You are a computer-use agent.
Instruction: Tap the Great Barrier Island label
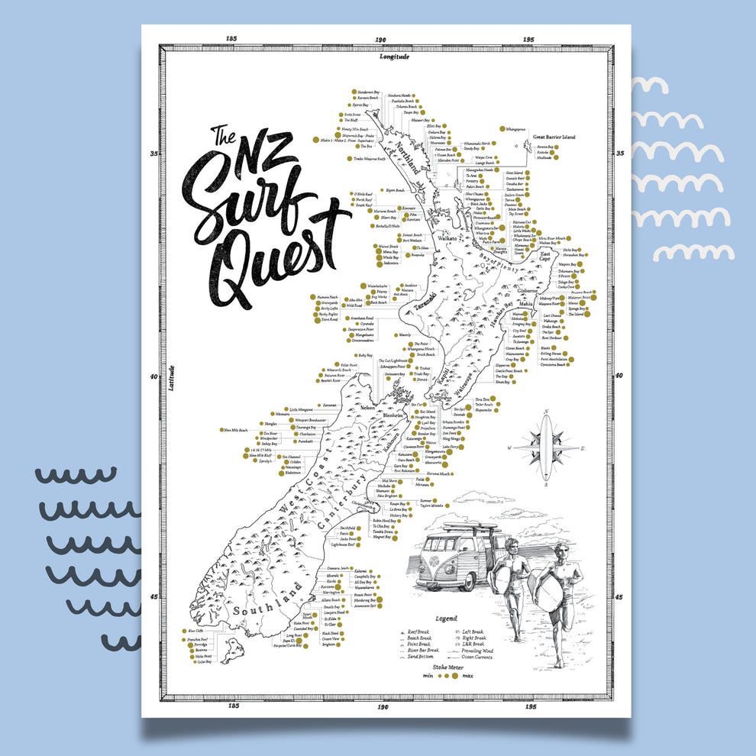point(554,137)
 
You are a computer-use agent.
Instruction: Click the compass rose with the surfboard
point(545,447)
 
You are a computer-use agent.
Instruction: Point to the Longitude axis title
point(395,57)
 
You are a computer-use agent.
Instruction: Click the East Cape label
point(545,259)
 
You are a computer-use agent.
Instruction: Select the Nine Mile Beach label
point(234,431)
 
